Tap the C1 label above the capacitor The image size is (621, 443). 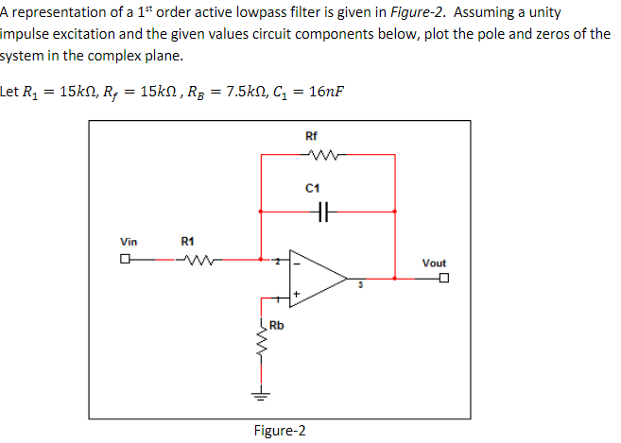(x=311, y=190)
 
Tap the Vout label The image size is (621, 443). (x=434, y=263)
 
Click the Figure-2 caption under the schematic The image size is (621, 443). (x=280, y=431)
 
